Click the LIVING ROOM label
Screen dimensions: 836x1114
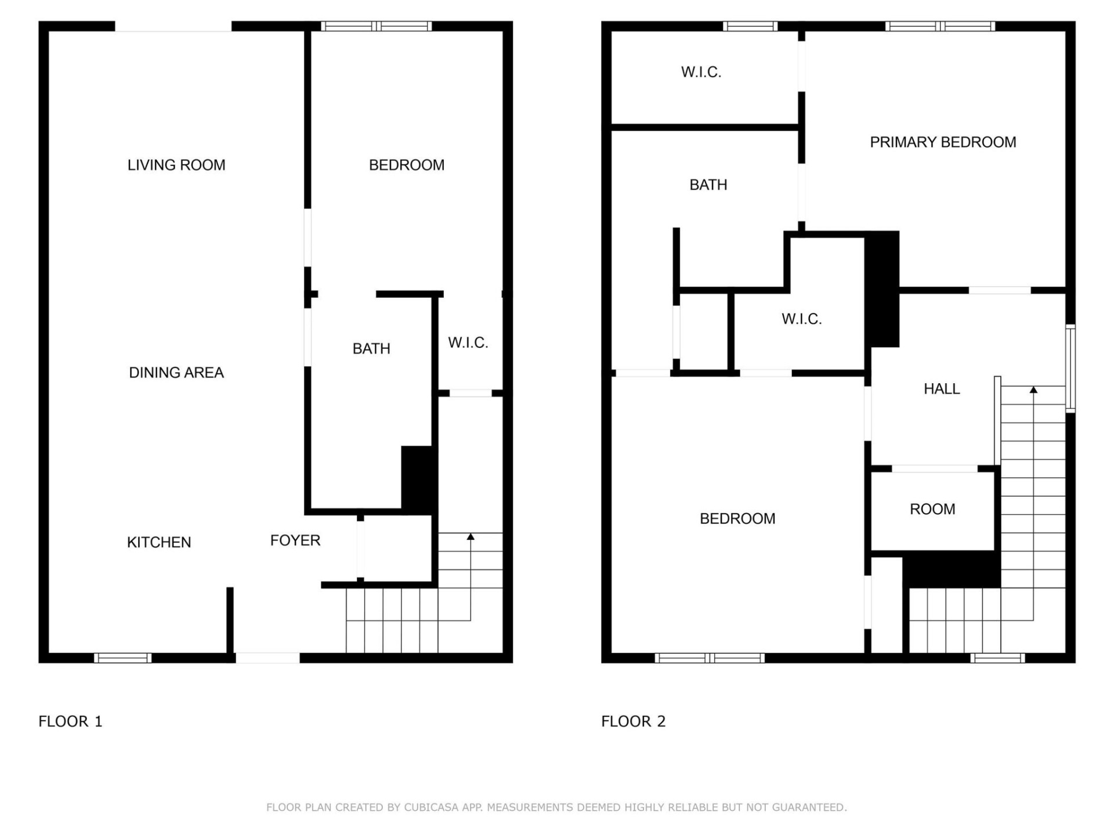[x=176, y=165]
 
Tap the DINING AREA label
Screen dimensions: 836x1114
[x=176, y=373]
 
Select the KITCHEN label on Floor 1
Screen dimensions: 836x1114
[x=159, y=542]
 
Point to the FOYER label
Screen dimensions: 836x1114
[x=295, y=540]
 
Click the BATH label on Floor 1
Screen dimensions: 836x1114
[x=371, y=348]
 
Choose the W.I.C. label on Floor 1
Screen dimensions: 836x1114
[x=468, y=343]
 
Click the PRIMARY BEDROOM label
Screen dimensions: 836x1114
[x=943, y=142]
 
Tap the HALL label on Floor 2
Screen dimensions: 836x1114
[x=942, y=389]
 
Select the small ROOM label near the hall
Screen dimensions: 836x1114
[x=932, y=509]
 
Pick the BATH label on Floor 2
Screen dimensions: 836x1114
[x=708, y=185]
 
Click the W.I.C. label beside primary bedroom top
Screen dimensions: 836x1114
[x=701, y=72]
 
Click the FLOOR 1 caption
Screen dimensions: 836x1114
[x=70, y=721]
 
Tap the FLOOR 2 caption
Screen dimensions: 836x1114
[x=633, y=721]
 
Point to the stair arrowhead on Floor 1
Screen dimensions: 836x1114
[x=471, y=537]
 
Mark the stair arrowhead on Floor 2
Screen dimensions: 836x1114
[x=1033, y=390]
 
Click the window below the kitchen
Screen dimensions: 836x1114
[x=122, y=658]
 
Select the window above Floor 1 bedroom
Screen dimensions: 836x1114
[x=377, y=26]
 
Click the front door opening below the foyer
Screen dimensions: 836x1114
[x=267, y=658]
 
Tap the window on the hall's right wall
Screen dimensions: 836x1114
[x=1070, y=369]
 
